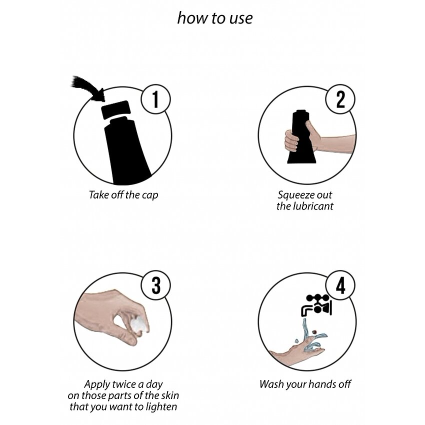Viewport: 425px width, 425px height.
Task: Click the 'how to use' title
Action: tap(215, 18)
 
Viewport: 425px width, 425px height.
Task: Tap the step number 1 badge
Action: tap(155, 99)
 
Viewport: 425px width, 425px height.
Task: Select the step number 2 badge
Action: tap(340, 99)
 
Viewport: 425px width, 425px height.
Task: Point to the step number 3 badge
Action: tap(155, 285)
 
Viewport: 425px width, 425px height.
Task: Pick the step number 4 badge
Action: tap(340, 285)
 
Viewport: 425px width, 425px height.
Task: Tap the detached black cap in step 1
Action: tap(115, 109)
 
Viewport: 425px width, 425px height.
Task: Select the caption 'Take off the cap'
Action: tap(123, 195)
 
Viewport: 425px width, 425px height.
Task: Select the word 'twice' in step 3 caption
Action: tap(124, 384)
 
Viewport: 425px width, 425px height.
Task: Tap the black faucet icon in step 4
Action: tap(316, 305)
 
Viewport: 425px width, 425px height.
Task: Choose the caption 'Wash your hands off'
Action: tap(305, 384)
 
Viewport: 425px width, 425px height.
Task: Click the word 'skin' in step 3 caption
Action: tap(170, 395)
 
